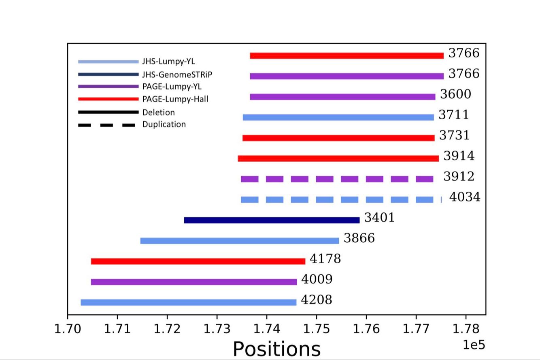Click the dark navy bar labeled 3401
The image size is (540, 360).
(x=272, y=220)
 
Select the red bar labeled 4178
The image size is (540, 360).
(x=198, y=261)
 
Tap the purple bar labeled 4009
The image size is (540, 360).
(x=193, y=282)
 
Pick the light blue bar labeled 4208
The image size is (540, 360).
(x=188, y=302)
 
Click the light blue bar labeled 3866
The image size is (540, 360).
(x=240, y=241)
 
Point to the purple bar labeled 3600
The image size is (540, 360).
(x=342, y=97)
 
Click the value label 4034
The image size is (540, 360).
(x=465, y=197)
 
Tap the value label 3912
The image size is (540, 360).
(x=459, y=177)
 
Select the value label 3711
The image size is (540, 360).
(x=454, y=115)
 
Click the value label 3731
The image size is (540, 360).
(x=454, y=136)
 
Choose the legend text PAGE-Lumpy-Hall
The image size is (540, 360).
(x=175, y=99)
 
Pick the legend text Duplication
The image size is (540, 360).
(x=164, y=125)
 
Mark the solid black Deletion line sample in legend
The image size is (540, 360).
(x=108, y=112)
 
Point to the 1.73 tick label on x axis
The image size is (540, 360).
(x=217, y=328)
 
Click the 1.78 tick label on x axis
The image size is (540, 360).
(x=466, y=328)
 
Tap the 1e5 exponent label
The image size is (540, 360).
(x=474, y=345)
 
